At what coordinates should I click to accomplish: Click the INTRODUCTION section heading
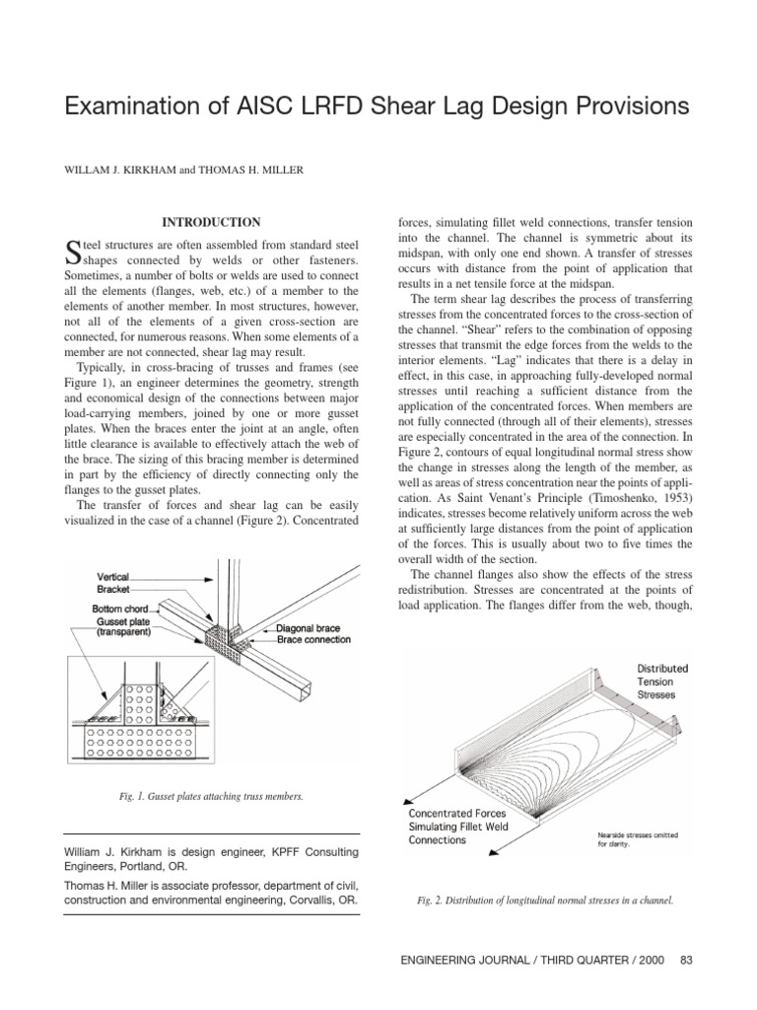pos(210,223)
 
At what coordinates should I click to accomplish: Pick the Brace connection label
pos(314,640)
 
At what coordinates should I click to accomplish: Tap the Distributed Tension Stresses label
pos(662,681)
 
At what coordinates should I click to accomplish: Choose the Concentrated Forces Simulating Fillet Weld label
pos(458,827)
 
